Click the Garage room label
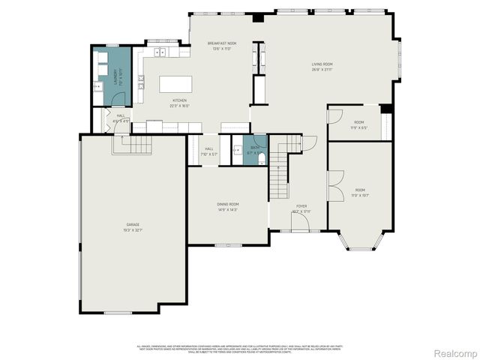[133, 226]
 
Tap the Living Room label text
[322, 66]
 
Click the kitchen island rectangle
[174, 83]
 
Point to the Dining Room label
[227, 207]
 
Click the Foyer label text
[301, 208]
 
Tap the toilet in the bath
[260, 158]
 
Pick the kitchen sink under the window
[160, 52]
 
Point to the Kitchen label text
[179, 102]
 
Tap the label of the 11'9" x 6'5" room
[359, 124]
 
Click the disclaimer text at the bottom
[239, 348]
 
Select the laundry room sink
[98, 87]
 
